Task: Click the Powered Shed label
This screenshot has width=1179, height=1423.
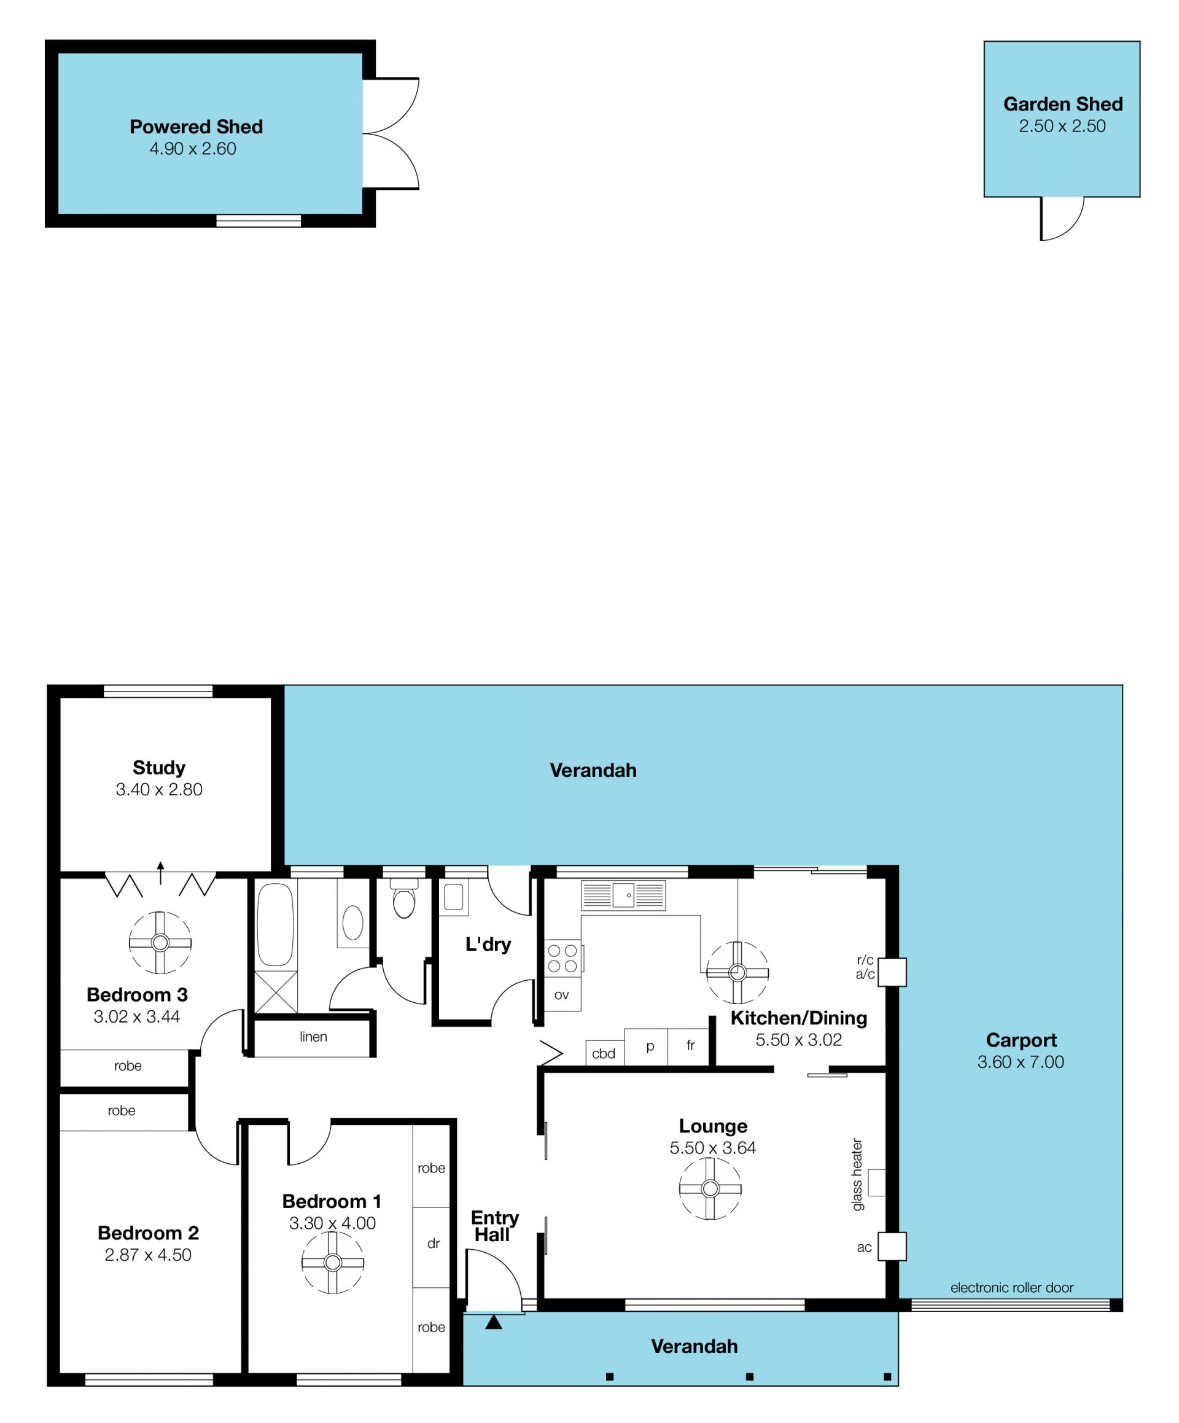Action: pos(196,127)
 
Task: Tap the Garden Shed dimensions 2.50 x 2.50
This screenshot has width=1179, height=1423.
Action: pos(1062,126)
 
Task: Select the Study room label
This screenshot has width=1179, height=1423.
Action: pos(159,767)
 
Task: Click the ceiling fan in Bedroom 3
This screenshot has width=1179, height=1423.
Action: pos(160,943)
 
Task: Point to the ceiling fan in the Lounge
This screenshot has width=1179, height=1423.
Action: pos(710,1188)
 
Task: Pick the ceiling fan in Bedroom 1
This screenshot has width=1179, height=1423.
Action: pos(333,1263)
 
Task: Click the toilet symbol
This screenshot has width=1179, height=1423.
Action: pos(404,898)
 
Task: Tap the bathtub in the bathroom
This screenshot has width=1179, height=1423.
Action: pos(275,924)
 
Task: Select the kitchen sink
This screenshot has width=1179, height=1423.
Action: pos(623,895)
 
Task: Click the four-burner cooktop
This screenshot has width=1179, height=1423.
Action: pos(562,958)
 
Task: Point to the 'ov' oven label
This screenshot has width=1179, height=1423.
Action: pos(562,995)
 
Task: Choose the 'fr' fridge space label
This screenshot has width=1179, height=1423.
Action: pos(690,1045)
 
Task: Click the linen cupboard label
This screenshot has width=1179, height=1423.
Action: pos(313,1037)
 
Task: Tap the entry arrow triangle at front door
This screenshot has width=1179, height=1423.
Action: pos(494,1322)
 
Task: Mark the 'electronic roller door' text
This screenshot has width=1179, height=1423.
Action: pos(1011,1287)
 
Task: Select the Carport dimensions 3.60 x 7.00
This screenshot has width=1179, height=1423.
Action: pos(1021,1062)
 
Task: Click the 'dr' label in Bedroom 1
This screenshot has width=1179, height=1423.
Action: pos(434,1244)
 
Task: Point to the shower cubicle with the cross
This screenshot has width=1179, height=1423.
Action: pos(276,991)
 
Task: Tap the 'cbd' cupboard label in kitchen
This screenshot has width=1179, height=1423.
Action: pos(604,1054)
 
